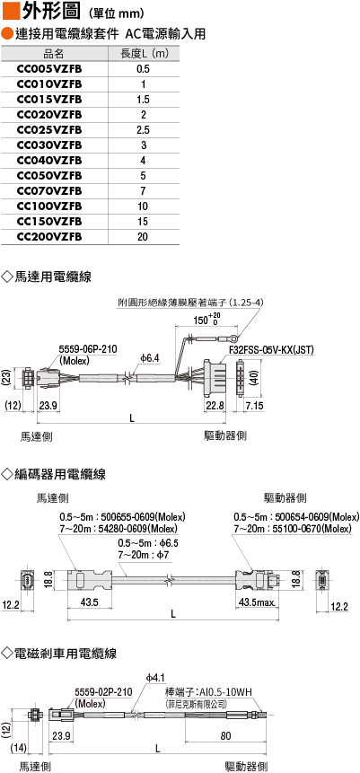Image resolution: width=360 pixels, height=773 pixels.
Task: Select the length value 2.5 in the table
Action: tap(143, 130)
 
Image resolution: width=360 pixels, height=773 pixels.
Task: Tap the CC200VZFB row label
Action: tap(49, 237)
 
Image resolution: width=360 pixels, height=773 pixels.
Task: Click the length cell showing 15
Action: tap(143, 222)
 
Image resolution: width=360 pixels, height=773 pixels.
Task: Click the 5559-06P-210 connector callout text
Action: tap(88, 349)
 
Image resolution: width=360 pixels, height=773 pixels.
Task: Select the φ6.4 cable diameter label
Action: tap(149, 358)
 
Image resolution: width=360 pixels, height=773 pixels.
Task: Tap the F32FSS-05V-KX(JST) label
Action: tap(272, 349)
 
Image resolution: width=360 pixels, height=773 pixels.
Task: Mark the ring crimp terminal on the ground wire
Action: tap(234, 338)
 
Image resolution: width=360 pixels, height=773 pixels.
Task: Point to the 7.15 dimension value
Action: tap(254, 405)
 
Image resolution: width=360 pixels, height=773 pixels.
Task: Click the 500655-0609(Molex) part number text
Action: tap(143, 518)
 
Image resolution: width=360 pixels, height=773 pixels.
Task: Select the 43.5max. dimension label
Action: tap(257, 602)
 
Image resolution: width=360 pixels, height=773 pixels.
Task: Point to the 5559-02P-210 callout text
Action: tap(103, 692)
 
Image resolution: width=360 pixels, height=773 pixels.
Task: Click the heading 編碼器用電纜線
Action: tap(60, 474)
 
